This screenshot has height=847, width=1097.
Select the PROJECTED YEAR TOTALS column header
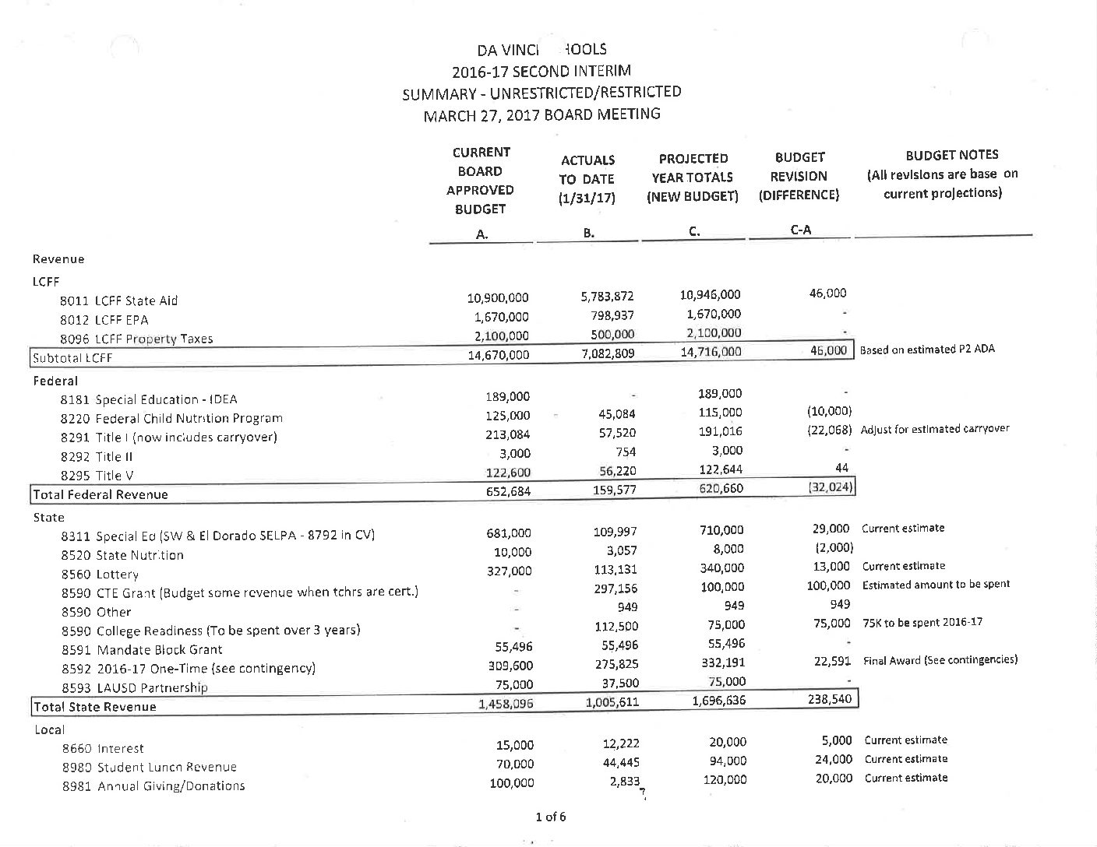[693, 177]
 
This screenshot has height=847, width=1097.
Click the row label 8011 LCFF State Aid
[118, 300]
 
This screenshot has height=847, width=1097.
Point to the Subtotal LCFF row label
[71, 358]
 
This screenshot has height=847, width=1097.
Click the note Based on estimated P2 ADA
[927, 350]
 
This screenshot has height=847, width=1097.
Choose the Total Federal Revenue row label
[100, 494]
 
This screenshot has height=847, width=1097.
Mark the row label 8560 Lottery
[99, 575]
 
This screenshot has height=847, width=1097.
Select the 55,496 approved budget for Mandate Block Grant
[513, 646]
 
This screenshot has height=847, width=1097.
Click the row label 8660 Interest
[103, 748]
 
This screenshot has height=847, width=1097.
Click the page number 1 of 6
[550, 817]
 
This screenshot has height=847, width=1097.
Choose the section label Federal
[55, 381]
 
